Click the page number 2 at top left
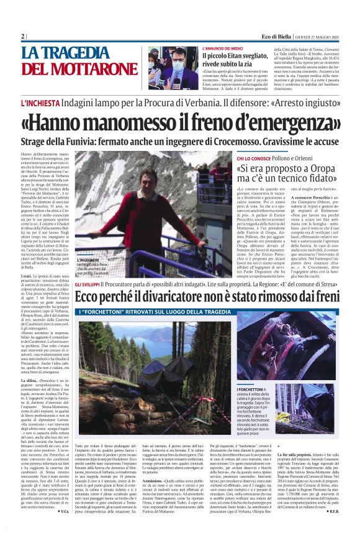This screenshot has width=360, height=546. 22,37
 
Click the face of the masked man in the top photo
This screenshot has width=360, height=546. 176,64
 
